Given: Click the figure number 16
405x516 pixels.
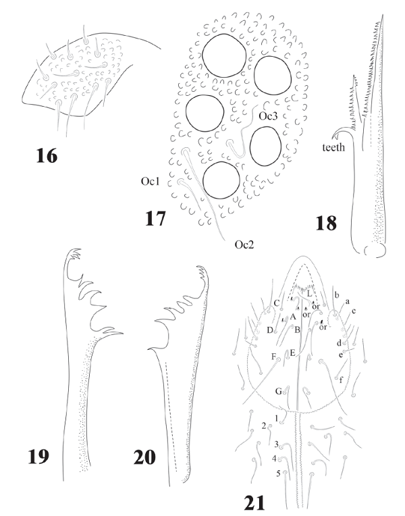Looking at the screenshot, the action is (x=47, y=155).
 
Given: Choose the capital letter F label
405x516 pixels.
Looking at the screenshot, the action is (x=273, y=356).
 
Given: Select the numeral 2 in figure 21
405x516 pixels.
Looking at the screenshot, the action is (x=263, y=425).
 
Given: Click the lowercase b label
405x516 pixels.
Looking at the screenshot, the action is (x=336, y=295).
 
